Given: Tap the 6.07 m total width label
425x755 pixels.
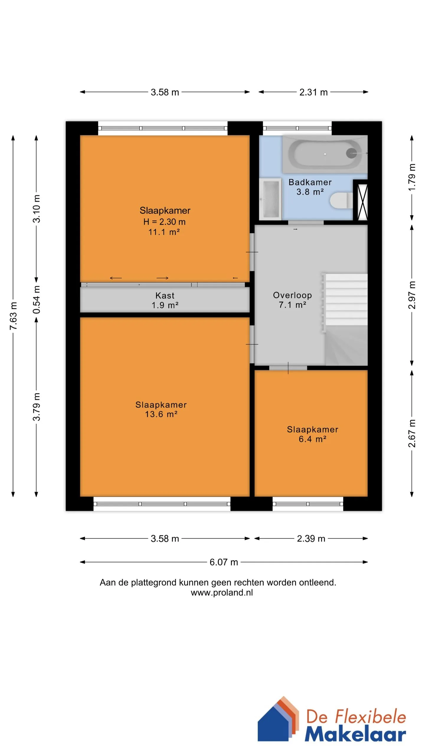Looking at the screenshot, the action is (x=224, y=562).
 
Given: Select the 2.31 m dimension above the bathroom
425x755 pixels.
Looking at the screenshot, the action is (x=313, y=92).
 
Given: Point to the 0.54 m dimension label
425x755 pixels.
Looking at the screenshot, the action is (x=37, y=299).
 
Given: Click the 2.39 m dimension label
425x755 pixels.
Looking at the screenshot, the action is (x=311, y=539).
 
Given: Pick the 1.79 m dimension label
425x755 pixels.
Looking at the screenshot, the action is (x=412, y=177).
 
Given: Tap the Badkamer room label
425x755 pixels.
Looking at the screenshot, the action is (x=310, y=182).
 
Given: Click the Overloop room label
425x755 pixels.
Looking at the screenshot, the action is (x=292, y=295).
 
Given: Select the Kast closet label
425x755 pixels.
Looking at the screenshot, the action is (x=165, y=296).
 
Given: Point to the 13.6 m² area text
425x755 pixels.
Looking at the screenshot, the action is (x=161, y=414).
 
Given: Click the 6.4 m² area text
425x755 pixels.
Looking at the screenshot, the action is (x=313, y=439).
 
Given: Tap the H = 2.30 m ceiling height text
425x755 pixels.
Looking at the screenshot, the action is (x=164, y=222).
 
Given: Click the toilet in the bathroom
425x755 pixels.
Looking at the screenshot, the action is (x=341, y=201).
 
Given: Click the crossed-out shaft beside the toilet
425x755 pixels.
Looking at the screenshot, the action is (x=362, y=202).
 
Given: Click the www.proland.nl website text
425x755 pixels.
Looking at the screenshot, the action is (x=222, y=593).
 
